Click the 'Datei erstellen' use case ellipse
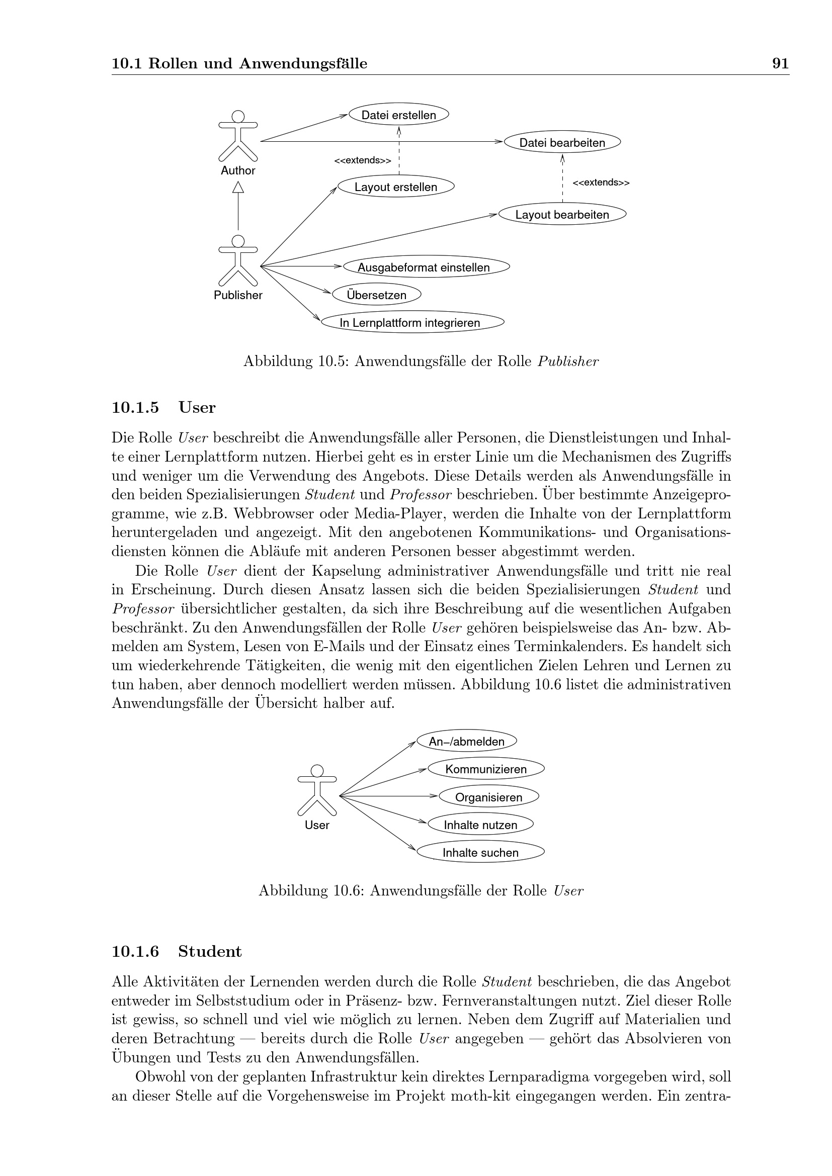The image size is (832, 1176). [x=398, y=115]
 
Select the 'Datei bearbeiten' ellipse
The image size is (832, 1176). [x=562, y=142]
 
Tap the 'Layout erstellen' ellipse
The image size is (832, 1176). [x=395, y=187]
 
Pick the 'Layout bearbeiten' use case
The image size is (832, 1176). [x=562, y=215]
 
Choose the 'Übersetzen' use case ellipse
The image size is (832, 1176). [x=377, y=295]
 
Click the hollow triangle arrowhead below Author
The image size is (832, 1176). [x=238, y=188]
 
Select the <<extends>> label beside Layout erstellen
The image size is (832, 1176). [x=362, y=160]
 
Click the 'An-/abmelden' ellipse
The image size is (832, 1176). [x=466, y=741]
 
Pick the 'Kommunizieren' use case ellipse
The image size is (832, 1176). [x=486, y=769]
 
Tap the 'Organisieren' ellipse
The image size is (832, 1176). [x=489, y=797]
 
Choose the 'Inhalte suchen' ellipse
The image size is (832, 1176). [x=480, y=852]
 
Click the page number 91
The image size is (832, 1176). [x=780, y=63]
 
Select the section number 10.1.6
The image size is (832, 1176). [x=135, y=951]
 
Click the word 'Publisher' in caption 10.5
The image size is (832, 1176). [x=567, y=361]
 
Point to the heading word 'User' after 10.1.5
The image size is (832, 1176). [x=197, y=408]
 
